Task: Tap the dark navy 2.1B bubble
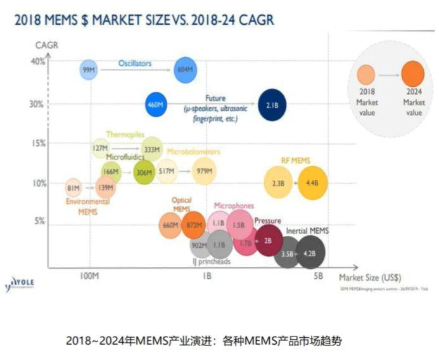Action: [272, 104]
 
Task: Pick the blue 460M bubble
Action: [156, 104]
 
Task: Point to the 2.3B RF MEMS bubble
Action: [278, 183]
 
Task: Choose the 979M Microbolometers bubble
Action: [204, 172]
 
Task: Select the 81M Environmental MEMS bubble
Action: [73, 188]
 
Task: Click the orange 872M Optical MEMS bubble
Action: [193, 224]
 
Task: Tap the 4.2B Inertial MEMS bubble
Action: [310, 253]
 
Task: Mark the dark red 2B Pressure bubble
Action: [268, 240]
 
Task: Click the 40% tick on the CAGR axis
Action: [37, 61]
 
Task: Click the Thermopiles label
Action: [122, 134]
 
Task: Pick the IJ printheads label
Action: [211, 261]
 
